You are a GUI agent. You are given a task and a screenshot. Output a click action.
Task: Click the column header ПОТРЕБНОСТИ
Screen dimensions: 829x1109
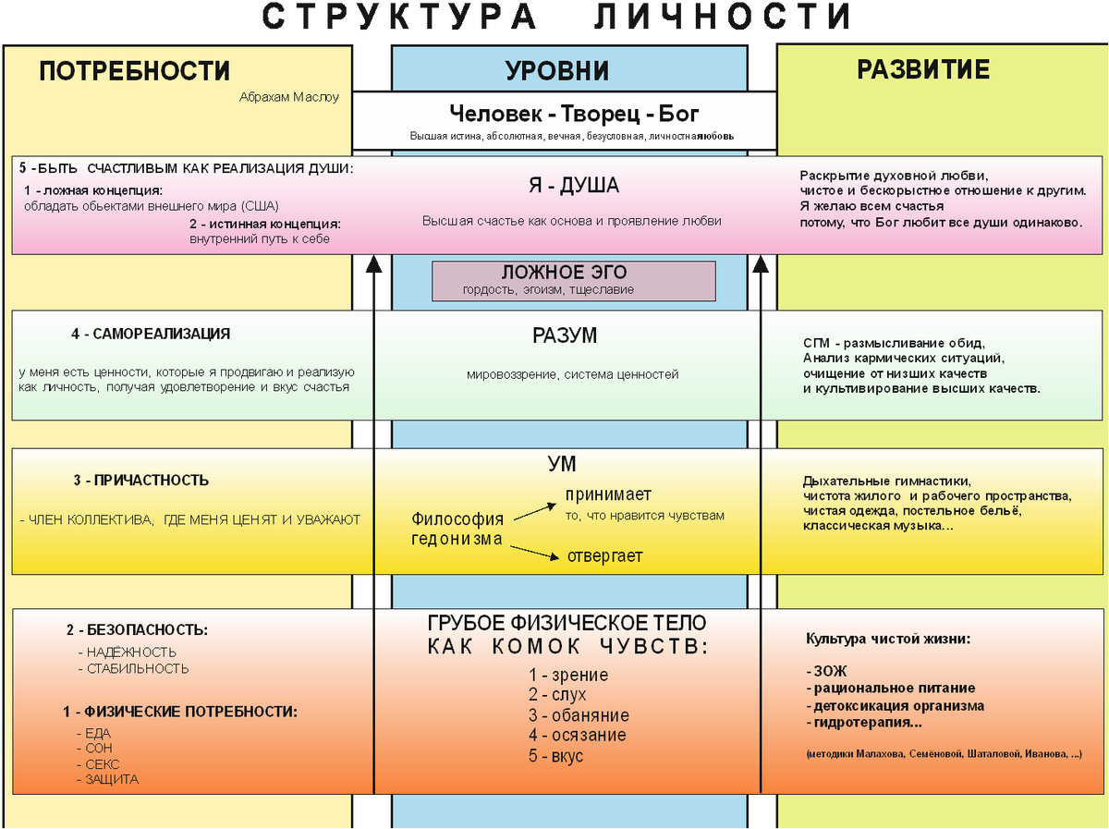(x=134, y=71)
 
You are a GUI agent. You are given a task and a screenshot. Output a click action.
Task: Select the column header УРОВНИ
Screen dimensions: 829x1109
(x=556, y=71)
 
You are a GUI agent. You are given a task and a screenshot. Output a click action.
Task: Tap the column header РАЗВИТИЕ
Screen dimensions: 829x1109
(x=922, y=69)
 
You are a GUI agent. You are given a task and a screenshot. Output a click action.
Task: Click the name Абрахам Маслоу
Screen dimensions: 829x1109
(x=289, y=96)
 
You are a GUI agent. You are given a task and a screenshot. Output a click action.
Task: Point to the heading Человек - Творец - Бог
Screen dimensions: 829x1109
(x=574, y=114)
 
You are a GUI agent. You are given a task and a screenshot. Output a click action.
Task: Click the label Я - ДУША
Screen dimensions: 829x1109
(x=573, y=186)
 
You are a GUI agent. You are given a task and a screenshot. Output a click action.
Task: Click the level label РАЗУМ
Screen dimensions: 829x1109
(x=565, y=335)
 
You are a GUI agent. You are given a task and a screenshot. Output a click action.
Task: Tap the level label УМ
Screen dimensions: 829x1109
(x=562, y=464)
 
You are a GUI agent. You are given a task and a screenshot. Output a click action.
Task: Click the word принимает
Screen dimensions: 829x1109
(x=608, y=494)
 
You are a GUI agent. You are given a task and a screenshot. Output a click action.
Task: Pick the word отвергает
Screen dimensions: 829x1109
(x=604, y=555)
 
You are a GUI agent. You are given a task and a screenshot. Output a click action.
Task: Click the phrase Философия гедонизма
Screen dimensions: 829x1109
(x=457, y=529)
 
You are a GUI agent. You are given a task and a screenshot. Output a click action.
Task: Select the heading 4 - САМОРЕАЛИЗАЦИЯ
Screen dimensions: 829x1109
(x=151, y=334)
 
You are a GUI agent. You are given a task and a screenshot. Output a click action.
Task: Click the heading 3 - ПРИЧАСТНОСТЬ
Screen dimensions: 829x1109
(x=140, y=481)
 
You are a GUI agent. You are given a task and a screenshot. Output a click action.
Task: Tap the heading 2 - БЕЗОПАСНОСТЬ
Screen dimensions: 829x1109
(x=137, y=630)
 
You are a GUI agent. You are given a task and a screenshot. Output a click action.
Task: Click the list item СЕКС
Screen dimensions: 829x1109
(x=102, y=764)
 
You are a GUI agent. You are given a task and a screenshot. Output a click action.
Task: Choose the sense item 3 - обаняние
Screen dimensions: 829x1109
(x=579, y=715)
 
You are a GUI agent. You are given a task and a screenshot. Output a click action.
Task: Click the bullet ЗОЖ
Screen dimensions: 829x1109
(x=828, y=671)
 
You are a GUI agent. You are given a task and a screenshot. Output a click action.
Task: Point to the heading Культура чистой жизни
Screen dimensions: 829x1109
(x=888, y=639)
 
